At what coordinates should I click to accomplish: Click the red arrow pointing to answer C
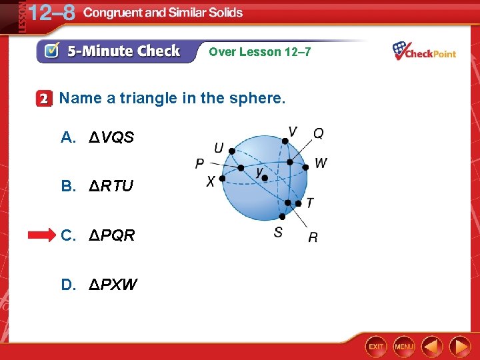[x=43, y=235]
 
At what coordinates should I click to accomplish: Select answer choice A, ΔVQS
[x=98, y=138]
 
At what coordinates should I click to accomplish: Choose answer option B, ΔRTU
[x=98, y=186]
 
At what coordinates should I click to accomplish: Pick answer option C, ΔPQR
[x=98, y=235]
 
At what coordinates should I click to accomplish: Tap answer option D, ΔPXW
[x=99, y=285]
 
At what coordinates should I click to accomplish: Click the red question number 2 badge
[x=44, y=99]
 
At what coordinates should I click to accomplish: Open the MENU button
[x=404, y=346]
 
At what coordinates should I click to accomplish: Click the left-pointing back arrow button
[x=432, y=346]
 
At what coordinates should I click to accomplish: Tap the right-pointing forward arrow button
[x=460, y=346]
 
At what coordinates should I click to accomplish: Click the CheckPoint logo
[x=424, y=51]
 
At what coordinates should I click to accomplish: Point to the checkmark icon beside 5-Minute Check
[x=51, y=51]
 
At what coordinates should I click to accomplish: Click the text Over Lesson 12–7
[x=259, y=51]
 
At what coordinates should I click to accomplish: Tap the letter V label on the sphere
[x=293, y=130]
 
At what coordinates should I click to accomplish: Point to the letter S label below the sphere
[x=278, y=232]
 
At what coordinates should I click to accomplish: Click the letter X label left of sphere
[x=211, y=181]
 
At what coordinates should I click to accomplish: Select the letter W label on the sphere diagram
[x=321, y=163]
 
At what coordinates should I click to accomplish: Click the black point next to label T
[x=289, y=203]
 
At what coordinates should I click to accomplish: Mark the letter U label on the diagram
[x=219, y=147]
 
